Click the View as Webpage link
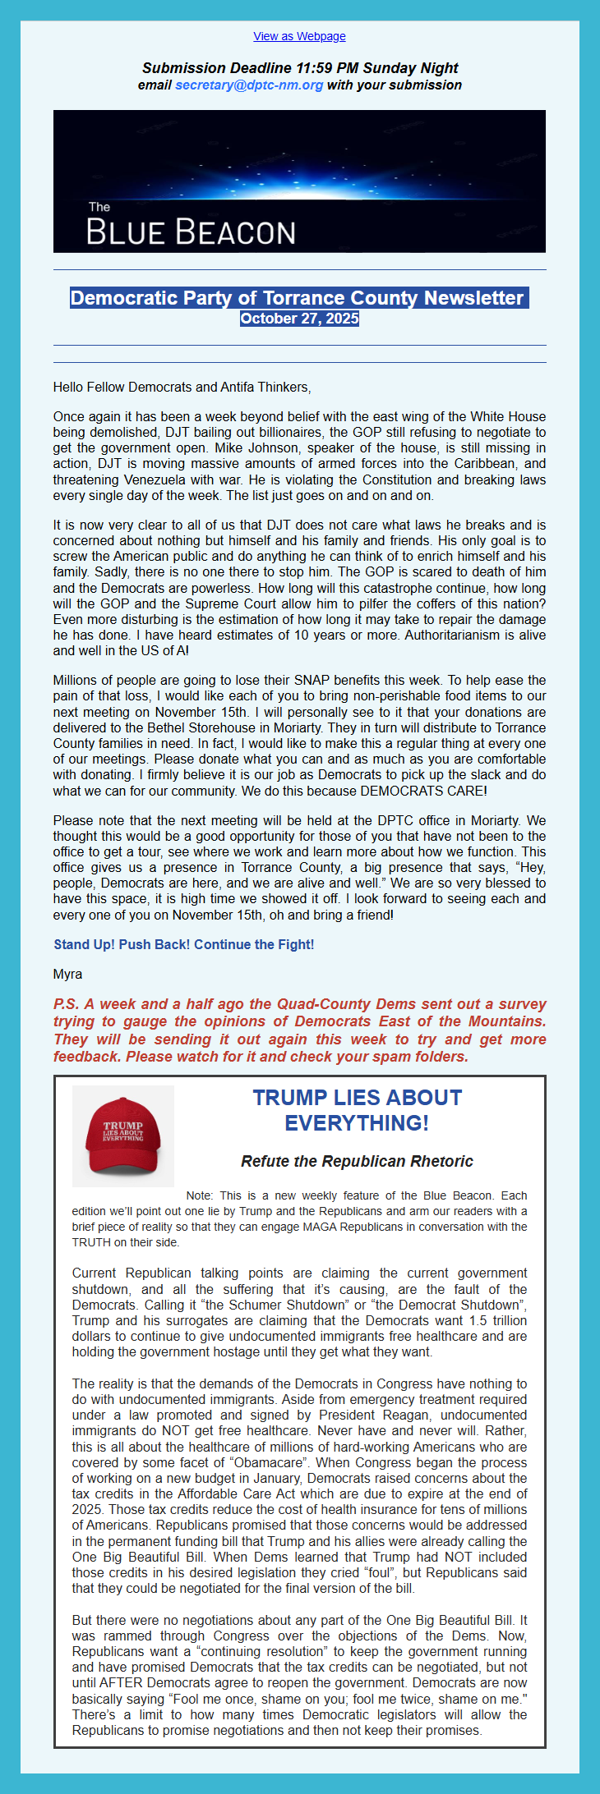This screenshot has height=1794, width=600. click(x=299, y=36)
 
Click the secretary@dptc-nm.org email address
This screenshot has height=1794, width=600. click(x=248, y=85)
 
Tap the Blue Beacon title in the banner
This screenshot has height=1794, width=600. click(x=191, y=232)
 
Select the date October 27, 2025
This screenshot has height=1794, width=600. click(x=299, y=319)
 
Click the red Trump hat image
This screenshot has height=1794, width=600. click(x=122, y=1136)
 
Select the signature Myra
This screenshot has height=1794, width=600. click(x=67, y=974)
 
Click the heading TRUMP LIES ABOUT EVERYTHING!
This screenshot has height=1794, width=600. click(x=357, y=1110)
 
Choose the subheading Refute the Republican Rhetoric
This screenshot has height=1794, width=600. click(x=357, y=1161)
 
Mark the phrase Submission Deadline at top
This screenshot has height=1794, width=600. click(x=217, y=68)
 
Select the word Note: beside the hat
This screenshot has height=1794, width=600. click(x=200, y=1195)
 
